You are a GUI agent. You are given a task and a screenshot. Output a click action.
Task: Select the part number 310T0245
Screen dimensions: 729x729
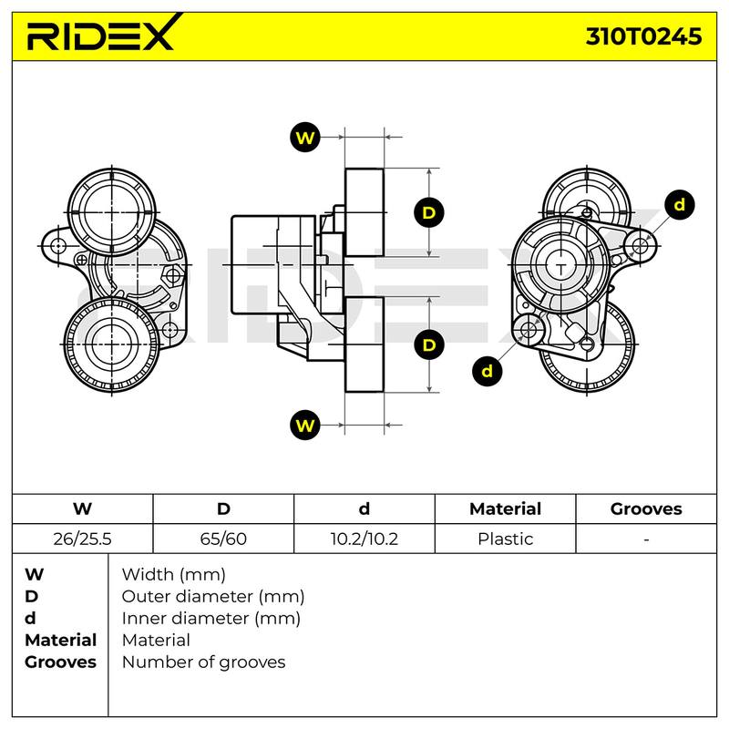point(643,36)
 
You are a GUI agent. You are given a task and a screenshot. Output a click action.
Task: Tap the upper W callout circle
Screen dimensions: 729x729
point(305,138)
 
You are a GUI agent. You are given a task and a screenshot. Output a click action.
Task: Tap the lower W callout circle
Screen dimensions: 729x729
point(305,425)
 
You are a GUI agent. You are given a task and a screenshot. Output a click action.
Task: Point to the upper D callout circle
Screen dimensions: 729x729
point(428,212)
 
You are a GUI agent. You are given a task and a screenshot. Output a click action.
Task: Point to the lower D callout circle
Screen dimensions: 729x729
point(428,345)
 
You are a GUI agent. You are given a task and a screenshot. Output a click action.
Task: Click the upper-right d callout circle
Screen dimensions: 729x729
point(679,205)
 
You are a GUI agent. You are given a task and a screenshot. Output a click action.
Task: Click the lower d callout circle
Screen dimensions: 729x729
point(487,371)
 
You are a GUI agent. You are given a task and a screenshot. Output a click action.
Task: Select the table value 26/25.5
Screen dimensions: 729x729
point(82,539)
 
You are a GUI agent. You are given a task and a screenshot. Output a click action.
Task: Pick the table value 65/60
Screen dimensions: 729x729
point(223,539)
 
